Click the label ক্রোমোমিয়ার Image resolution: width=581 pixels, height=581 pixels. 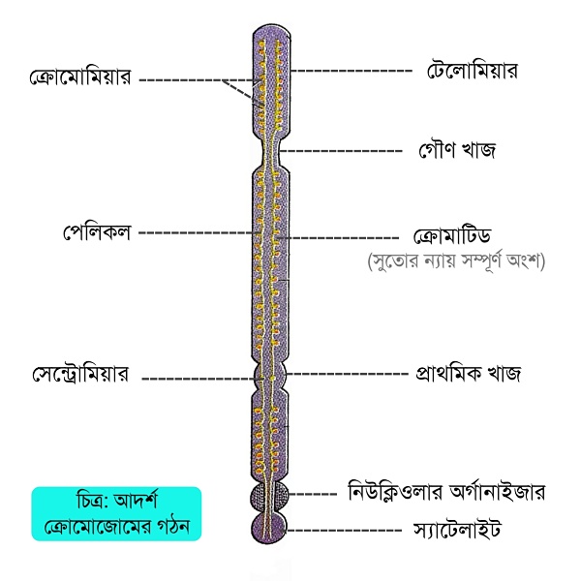pyautogui.click(x=80, y=77)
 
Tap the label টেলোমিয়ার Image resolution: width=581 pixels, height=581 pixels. pyautogui.click(x=472, y=71)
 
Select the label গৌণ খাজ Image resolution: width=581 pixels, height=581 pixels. pyautogui.click(x=457, y=150)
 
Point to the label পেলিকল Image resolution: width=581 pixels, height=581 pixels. pyautogui.click(x=97, y=232)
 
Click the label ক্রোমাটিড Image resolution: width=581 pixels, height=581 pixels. pyautogui.click(x=452, y=236)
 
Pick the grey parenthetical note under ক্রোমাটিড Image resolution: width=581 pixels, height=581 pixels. pyautogui.click(x=456, y=261)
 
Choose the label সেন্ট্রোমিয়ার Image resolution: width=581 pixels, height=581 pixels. pyautogui.click(x=80, y=374)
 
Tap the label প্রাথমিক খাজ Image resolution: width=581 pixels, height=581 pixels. pyautogui.click(x=469, y=373)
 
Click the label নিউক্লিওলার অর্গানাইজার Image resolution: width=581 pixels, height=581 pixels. pyautogui.click(x=446, y=492)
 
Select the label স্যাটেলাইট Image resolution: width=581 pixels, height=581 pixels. pyautogui.click(x=457, y=529)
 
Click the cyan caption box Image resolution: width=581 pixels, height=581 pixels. pyautogui.click(x=116, y=514)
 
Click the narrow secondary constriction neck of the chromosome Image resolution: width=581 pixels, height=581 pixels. pyautogui.click(x=271, y=151)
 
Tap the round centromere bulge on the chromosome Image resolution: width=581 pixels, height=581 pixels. pyautogui.click(x=270, y=375)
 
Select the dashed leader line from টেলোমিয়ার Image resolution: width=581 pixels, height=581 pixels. pyautogui.click(x=352, y=71)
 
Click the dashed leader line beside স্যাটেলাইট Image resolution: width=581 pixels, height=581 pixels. pyautogui.click(x=344, y=531)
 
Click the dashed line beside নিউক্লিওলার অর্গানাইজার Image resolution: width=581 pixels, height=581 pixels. pyautogui.click(x=313, y=494)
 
